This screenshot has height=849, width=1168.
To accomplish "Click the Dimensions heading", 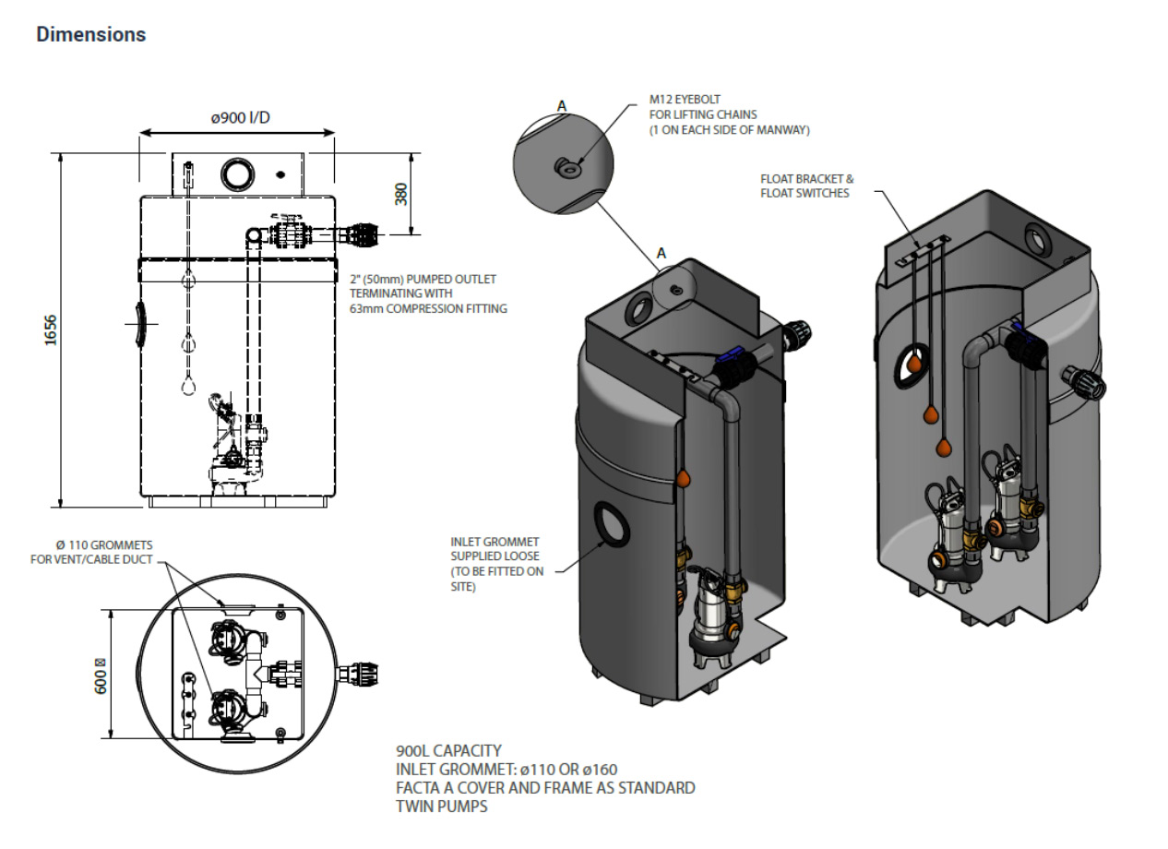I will tap(90, 35).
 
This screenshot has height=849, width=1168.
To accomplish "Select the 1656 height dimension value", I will tap(52, 330).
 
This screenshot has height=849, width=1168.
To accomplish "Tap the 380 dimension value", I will tap(401, 193).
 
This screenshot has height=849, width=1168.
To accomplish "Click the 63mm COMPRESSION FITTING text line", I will tap(427, 309).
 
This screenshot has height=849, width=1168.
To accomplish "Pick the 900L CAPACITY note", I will tap(448, 751).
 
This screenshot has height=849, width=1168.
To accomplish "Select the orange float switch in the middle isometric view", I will tap(684, 479).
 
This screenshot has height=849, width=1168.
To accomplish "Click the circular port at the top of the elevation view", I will tap(237, 173).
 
